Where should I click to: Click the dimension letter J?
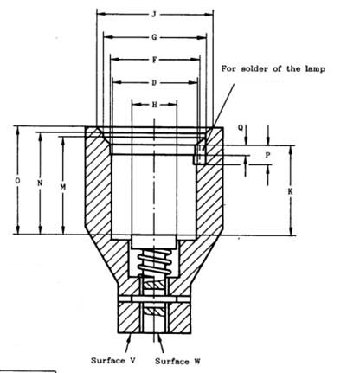[x=154, y=15]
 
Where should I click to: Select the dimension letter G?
[x=154, y=37]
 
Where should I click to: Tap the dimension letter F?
[x=155, y=60]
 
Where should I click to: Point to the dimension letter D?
[x=154, y=83]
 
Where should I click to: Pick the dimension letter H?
[x=155, y=105]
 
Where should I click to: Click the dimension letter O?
[x=18, y=181]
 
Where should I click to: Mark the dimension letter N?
[x=40, y=183]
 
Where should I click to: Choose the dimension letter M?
[x=63, y=188]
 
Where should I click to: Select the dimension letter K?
[x=290, y=191]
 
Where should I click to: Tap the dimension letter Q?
[x=241, y=127]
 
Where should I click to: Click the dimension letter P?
[x=267, y=155]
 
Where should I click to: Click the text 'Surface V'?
[x=113, y=361]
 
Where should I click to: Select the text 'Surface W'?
[x=177, y=361]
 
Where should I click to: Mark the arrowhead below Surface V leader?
[x=128, y=337]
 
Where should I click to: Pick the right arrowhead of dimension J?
[x=209, y=15]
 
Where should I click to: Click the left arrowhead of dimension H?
[x=137, y=105]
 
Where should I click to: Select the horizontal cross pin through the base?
[x=154, y=299]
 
